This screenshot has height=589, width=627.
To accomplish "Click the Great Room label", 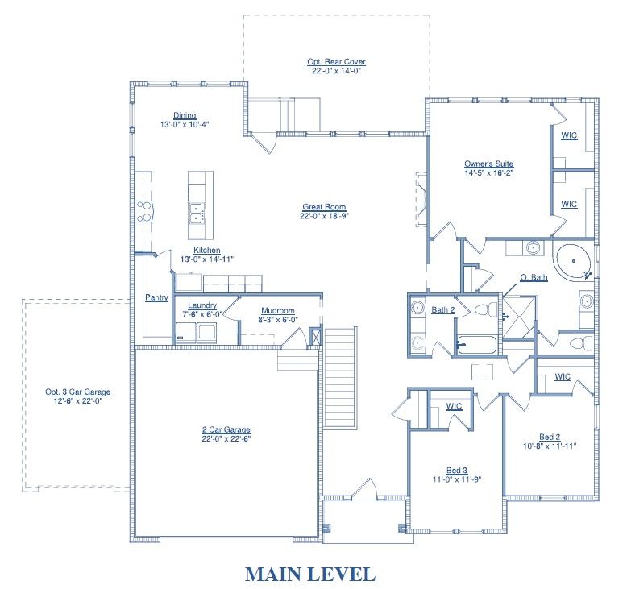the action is pos(324,207).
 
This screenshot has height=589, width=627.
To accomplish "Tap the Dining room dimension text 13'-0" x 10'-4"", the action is pos(185,125).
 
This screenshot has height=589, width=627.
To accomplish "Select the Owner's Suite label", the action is pos(488,164).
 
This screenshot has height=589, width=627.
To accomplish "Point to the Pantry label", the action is pos(156,297).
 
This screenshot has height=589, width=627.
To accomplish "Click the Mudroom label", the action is pos(278,311).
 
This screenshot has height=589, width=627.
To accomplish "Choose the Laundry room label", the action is pos(202,305).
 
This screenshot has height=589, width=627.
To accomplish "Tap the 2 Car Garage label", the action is pos(226,429).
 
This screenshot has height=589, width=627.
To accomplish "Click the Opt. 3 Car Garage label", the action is pos(78,392).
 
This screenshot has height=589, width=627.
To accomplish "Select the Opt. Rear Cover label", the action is pos(336,62).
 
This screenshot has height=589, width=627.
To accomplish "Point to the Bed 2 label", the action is pos(550,437).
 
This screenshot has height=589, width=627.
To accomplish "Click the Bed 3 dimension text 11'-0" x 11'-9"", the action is pos(457,479).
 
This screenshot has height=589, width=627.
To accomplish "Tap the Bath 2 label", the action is pos(443,310).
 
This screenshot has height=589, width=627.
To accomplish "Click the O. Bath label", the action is pos(534,277).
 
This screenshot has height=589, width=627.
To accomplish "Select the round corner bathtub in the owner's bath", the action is pos(573,262).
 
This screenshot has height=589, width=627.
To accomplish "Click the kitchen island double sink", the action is pos(197,214).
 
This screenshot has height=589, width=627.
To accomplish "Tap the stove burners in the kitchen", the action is pos(144,212).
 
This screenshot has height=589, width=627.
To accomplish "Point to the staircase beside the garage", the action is pos(339,378).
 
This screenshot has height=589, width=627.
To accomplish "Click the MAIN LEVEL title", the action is pos(310,574).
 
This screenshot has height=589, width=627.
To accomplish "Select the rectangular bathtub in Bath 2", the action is pos(476,345).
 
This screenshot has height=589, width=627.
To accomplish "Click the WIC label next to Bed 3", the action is pos(454,406).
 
